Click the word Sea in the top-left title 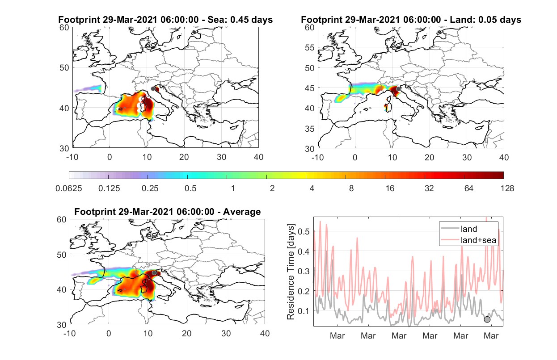[x=215, y=20]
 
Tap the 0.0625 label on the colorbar [x=69, y=188]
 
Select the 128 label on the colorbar [x=507, y=188]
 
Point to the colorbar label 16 [x=390, y=188]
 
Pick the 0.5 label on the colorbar [x=190, y=188]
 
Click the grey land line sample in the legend [x=450, y=228]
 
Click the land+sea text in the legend [x=479, y=240]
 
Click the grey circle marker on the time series [x=487, y=319]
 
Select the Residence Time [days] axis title [x=291, y=272]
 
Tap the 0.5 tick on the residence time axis [x=304, y=231]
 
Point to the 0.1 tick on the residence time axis [x=304, y=311]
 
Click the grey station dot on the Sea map [x=153, y=89]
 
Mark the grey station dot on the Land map [x=398, y=89]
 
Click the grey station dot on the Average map [x=154, y=273]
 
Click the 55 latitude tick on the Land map [x=310, y=48]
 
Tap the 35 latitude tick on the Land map [x=310, y=129]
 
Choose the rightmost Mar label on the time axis [x=491, y=336]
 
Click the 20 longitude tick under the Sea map [x=184, y=157]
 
